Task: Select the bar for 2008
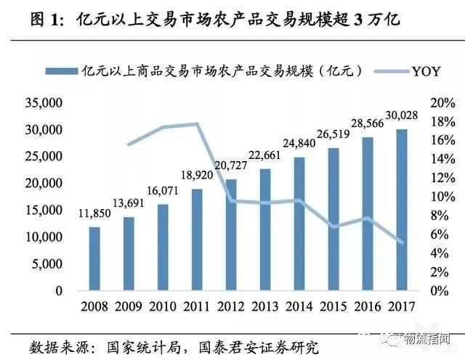tap(94, 258)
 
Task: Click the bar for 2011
tap(197, 240)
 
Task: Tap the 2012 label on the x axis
tap(231, 305)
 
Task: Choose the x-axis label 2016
tap(368, 305)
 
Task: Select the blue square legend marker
tap(52, 70)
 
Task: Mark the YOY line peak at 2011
tap(197, 124)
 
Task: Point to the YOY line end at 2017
tap(402, 242)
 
